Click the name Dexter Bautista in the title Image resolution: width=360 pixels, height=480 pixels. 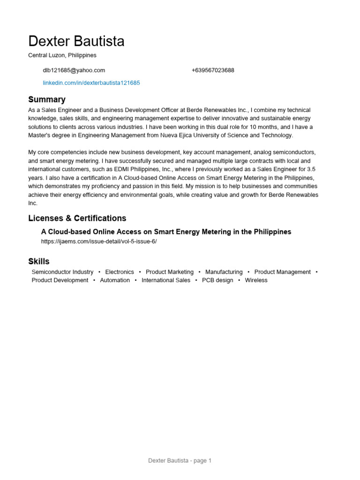pyautogui.click(x=76, y=41)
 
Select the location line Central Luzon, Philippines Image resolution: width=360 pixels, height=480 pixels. pyautogui.click(x=62, y=55)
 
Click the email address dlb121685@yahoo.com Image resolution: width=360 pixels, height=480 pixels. pyautogui.click(x=74, y=70)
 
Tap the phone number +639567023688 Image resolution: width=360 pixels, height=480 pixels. pyautogui.click(x=213, y=70)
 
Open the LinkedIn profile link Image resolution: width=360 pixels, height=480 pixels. pyautogui.click(x=91, y=83)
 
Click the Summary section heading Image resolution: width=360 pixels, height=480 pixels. pyautogui.click(x=47, y=99)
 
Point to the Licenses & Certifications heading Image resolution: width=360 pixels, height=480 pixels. pyautogui.click(x=77, y=218)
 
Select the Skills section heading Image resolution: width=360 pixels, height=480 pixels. pyautogui.click(x=39, y=262)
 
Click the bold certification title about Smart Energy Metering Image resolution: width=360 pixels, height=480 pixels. pyautogui.click(x=166, y=232)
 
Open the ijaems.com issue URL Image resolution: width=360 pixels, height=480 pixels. pyautogui.click(x=99, y=241)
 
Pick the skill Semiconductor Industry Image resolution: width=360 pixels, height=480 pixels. pyautogui.click(x=62, y=272)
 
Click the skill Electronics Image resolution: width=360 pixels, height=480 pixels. pyautogui.click(x=120, y=272)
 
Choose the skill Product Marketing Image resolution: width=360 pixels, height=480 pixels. pyautogui.click(x=170, y=272)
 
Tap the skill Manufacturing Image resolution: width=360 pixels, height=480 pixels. pyautogui.click(x=224, y=272)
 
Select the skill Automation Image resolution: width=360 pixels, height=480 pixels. pyautogui.click(x=115, y=280)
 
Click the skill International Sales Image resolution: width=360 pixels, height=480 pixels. pyautogui.click(x=166, y=280)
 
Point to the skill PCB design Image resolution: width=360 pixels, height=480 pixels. pyautogui.click(x=217, y=280)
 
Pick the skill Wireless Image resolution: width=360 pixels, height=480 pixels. pyautogui.click(x=256, y=280)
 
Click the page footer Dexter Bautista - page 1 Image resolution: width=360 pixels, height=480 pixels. pyautogui.click(x=180, y=461)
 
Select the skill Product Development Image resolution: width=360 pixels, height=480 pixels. pyautogui.click(x=60, y=280)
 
